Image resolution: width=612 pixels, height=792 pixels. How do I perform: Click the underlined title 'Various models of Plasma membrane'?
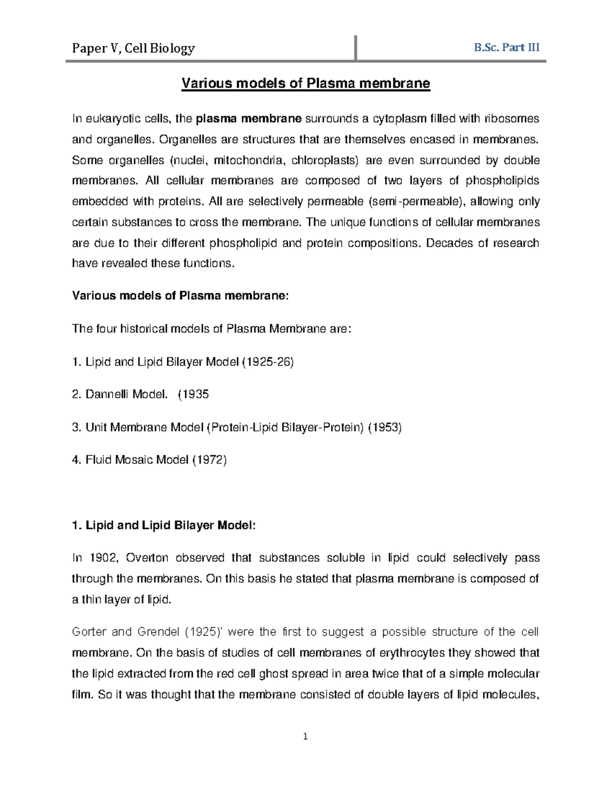pyautogui.click(x=306, y=83)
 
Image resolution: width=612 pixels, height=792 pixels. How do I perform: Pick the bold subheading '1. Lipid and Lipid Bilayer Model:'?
pyautogui.click(x=163, y=526)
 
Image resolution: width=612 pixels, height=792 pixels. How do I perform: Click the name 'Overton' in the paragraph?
pyautogui.click(x=147, y=558)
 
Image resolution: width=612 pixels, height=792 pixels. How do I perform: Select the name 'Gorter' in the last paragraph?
pyautogui.click(x=89, y=632)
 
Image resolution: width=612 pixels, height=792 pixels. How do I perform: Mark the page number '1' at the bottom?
pyautogui.click(x=305, y=736)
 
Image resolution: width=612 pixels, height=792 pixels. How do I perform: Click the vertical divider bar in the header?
pyautogui.click(x=355, y=48)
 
